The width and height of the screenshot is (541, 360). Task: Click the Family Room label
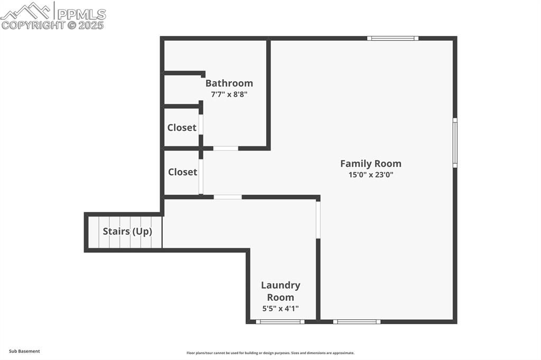point(370,164)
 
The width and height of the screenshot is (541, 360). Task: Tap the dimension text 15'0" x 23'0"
point(370,175)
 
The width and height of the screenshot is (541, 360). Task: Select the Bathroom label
point(229,83)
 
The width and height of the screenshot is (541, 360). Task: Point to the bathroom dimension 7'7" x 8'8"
point(229,94)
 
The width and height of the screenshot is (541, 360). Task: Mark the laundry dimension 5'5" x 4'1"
point(281,309)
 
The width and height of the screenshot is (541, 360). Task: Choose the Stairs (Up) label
point(127,231)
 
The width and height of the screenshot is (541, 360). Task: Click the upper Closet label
point(182,128)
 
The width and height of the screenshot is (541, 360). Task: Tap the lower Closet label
point(182,172)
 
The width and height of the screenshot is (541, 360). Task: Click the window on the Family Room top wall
point(393,39)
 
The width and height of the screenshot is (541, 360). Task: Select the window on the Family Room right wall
point(455,143)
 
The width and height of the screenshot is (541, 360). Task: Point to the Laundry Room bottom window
point(280,321)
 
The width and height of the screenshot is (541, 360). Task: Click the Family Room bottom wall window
point(357,321)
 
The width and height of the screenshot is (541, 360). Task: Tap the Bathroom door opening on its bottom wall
point(226,148)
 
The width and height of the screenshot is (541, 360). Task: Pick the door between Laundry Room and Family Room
point(318,219)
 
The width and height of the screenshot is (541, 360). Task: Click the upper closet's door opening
point(201,124)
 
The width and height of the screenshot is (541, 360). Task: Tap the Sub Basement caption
point(24,351)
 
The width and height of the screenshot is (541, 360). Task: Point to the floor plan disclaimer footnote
point(270,353)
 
